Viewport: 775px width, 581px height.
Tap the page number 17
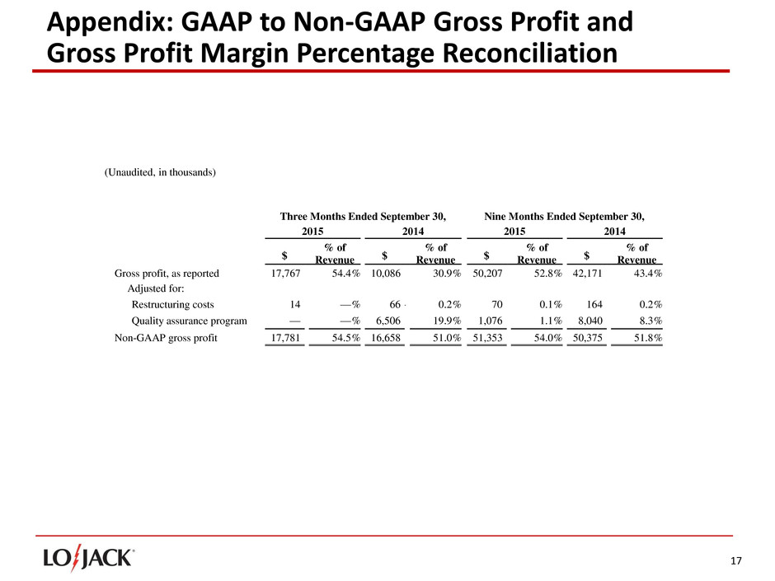coord(735,561)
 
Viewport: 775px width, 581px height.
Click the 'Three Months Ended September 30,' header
coord(364,217)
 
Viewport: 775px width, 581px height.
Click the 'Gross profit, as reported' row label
coord(166,274)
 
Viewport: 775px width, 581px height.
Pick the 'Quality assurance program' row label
coord(190,321)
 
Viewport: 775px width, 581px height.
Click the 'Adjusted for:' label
coord(155,289)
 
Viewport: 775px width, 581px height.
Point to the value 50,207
coord(483,274)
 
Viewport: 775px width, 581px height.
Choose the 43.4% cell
coord(646,274)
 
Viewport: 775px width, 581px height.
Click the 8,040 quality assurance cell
coord(587,321)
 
